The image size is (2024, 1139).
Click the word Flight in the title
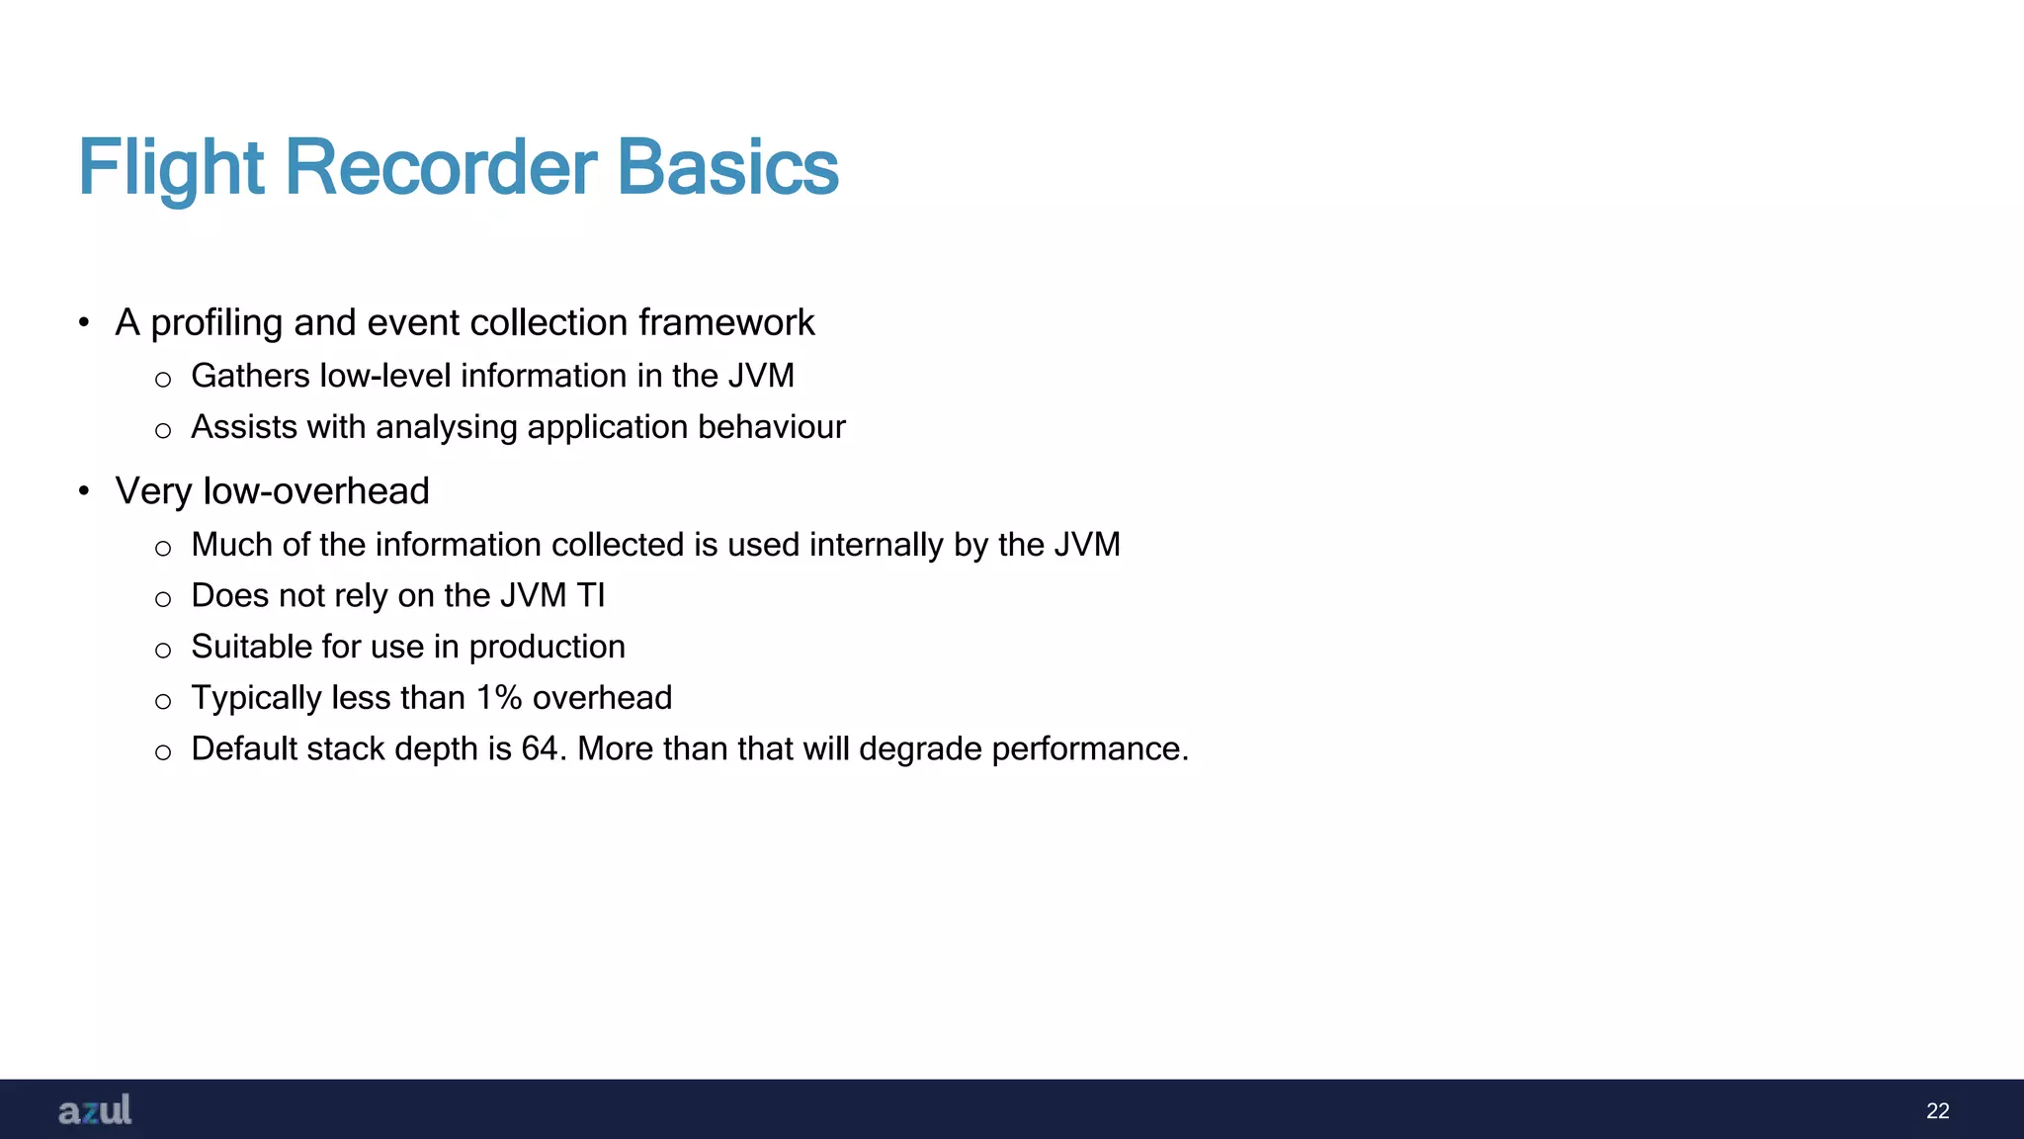click(170, 168)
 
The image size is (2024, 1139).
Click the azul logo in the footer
click(95, 1109)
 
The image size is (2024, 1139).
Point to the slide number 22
click(1937, 1110)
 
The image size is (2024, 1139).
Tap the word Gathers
click(250, 376)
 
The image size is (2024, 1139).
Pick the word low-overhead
click(316, 491)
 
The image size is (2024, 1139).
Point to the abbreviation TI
click(590, 595)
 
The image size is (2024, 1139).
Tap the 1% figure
click(499, 698)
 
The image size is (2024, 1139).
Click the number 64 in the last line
click(540, 748)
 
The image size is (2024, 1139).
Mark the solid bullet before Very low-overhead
click(84, 491)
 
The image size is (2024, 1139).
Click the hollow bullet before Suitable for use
click(163, 650)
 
